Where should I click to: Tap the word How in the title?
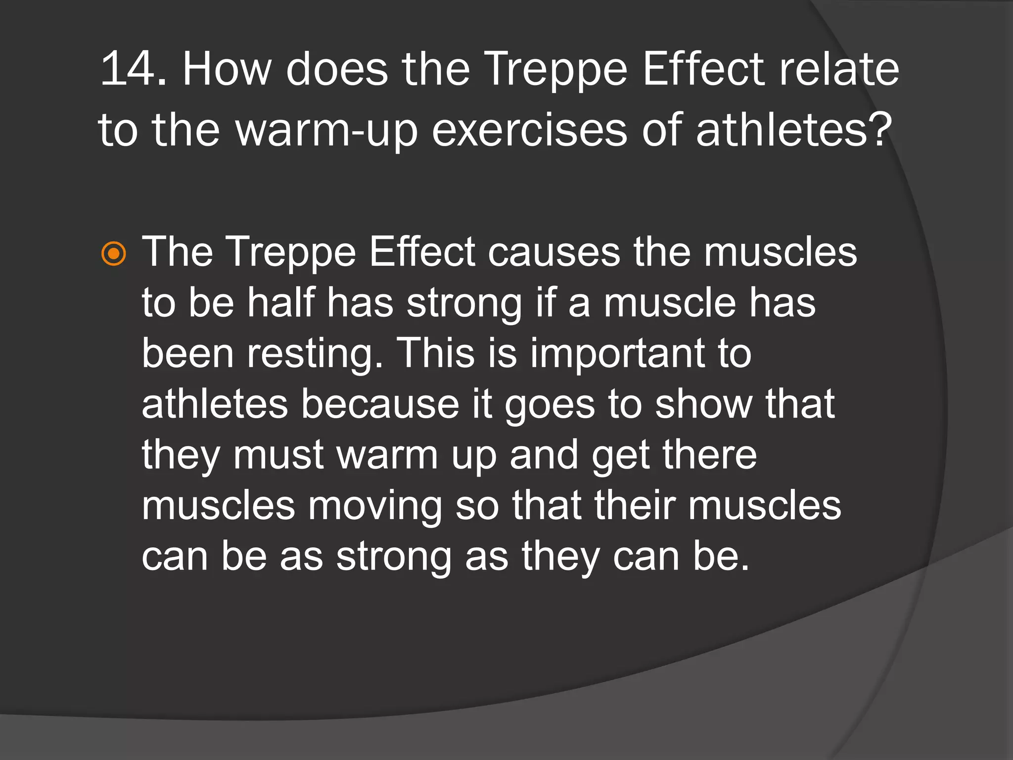(227, 69)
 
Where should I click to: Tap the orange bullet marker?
(114, 254)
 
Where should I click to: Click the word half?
(281, 302)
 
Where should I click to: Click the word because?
(380, 404)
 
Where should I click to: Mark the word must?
(278, 455)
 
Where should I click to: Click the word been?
(187, 353)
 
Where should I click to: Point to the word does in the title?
(337, 69)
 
